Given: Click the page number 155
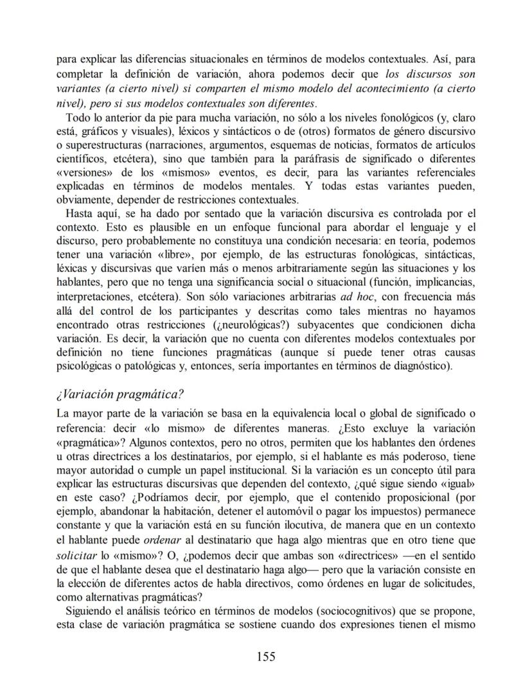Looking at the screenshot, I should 266,656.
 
